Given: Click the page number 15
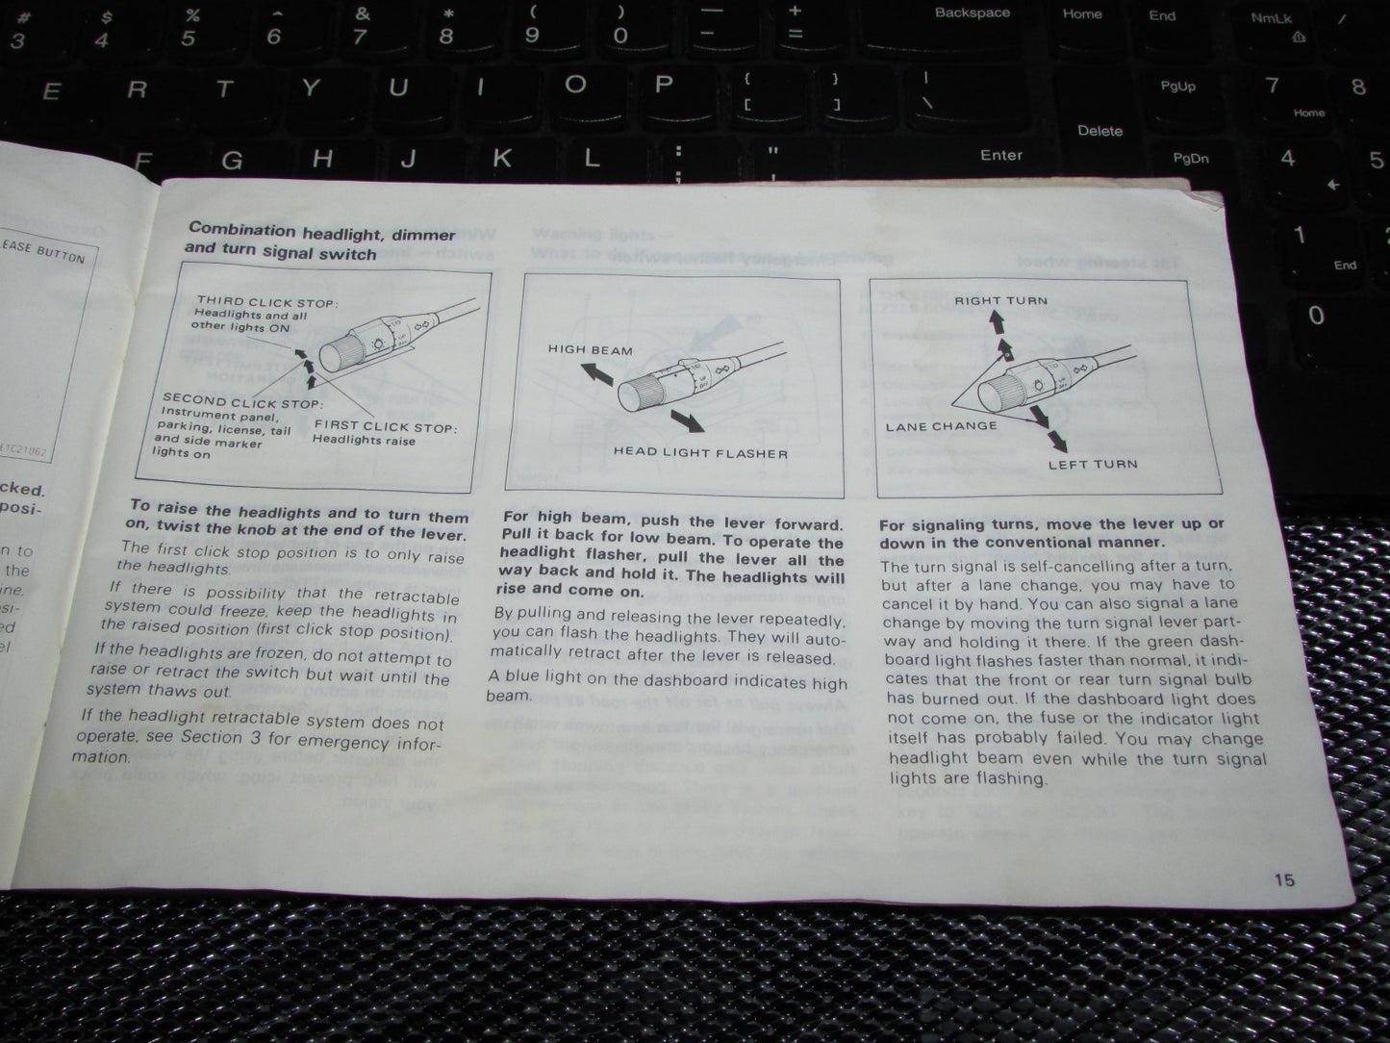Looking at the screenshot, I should coord(1283,878).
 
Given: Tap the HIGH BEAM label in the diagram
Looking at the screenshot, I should coord(590,350).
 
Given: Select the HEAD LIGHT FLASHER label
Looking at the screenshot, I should coord(700,453).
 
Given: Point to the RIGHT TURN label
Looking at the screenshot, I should coord(1000,300).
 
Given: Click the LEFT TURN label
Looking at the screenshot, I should coord(1092,464).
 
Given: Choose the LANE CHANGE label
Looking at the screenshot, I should coord(941,426).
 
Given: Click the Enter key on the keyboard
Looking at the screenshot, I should coord(1000,155).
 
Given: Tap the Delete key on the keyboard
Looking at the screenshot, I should coord(1099,131).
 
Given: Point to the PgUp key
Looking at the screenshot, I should coord(1177,87).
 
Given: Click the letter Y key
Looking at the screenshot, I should coord(310,89).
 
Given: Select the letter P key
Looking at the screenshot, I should coord(663,84).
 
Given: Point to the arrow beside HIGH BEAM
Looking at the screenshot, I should coord(596,374).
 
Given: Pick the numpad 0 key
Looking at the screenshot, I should coord(1316,316).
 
